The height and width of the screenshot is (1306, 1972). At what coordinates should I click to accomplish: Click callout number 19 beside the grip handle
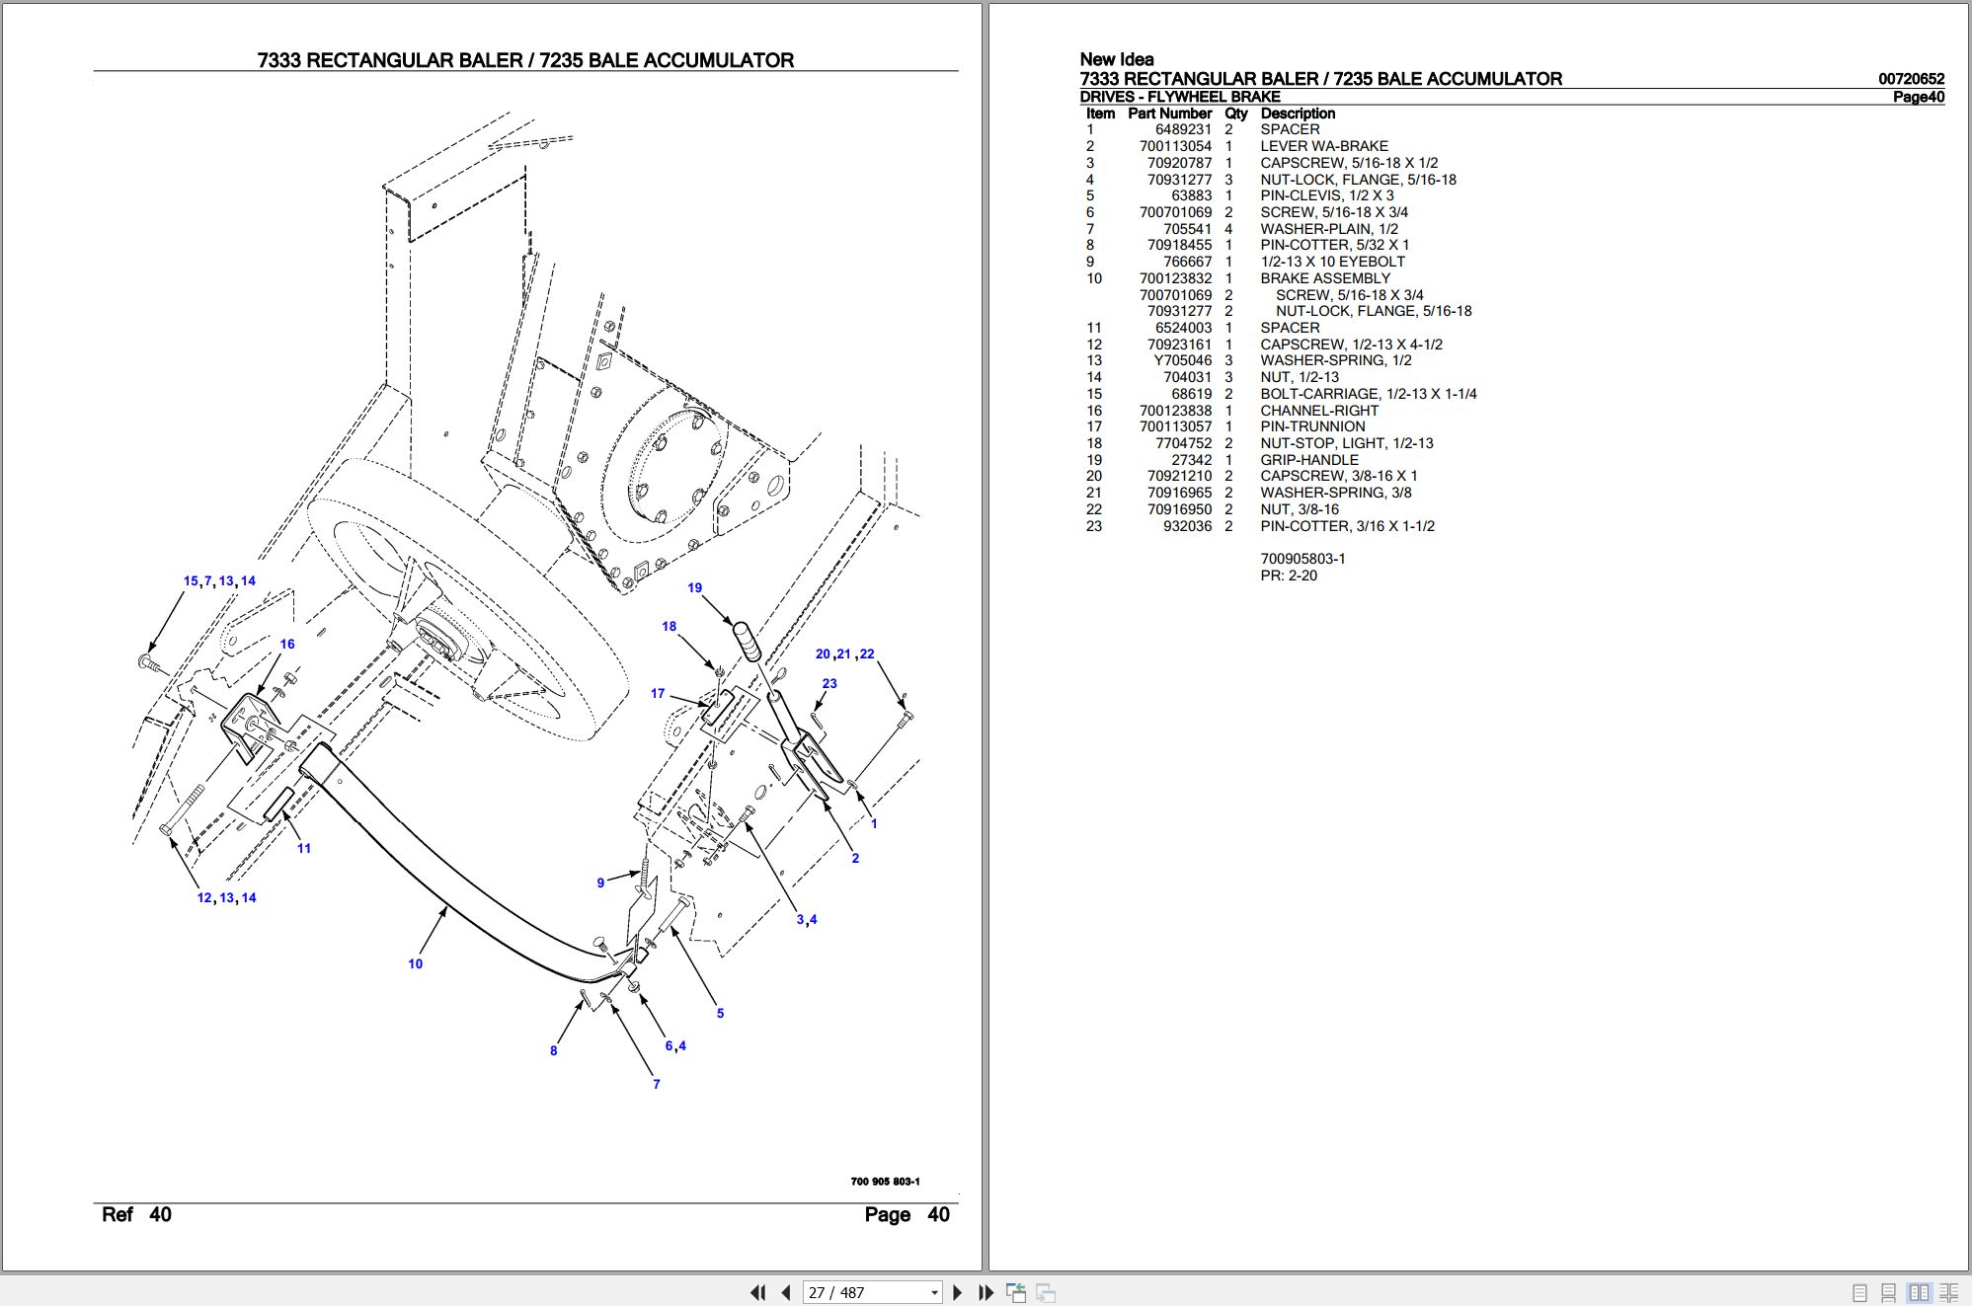pyautogui.click(x=694, y=588)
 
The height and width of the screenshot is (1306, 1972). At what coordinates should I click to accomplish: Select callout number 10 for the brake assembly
pyautogui.click(x=415, y=964)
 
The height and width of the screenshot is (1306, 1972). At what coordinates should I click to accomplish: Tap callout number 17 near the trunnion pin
pyautogui.click(x=658, y=694)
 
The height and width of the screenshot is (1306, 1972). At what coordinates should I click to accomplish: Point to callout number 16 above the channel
pyautogui.click(x=287, y=645)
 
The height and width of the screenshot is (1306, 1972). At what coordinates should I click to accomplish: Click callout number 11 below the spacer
pyautogui.click(x=304, y=849)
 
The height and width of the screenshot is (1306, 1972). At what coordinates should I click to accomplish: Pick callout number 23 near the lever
pyautogui.click(x=829, y=684)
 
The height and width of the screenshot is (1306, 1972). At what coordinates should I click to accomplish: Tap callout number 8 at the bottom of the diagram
pyautogui.click(x=553, y=1051)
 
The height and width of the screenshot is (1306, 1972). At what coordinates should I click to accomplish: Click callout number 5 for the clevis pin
pyautogui.click(x=720, y=1014)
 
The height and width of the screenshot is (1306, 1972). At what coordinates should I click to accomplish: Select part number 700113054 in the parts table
pyautogui.click(x=1175, y=146)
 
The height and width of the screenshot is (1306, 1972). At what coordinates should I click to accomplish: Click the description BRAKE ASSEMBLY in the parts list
pyautogui.click(x=1325, y=278)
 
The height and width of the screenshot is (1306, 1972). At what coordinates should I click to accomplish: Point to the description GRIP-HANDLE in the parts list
pyautogui.click(x=1308, y=460)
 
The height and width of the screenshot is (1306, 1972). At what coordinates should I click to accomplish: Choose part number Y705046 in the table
pyautogui.click(x=1183, y=360)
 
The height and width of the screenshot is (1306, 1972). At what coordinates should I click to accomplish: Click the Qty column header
pyautogui.click(x=1235, y=114)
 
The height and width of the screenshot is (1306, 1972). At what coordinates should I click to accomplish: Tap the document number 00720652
pyautogui.click(x=1911, y=79)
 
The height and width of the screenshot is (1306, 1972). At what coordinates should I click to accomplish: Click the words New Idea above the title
pyautogui.click(x=1116, y=59)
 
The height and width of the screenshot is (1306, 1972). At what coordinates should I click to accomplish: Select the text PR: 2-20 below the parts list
pyautogui.click(x=1288, y=576)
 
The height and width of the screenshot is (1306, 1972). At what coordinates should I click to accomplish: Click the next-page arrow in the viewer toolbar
pyautogui.click(x=957, y=1292)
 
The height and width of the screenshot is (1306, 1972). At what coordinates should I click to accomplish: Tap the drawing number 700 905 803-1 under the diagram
pyautogui.click(x=885, y=1182)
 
